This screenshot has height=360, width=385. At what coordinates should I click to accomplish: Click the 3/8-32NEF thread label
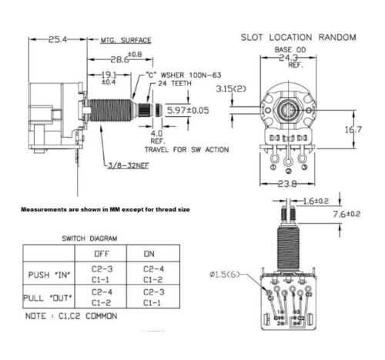[127, 164]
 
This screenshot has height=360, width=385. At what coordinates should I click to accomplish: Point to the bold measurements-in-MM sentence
[106, 209]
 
